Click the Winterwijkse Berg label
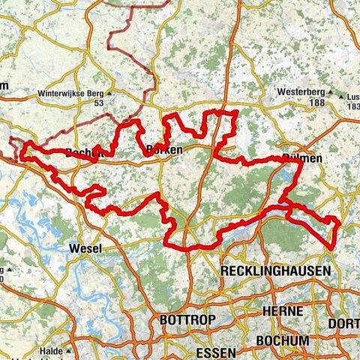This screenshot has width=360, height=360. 70,94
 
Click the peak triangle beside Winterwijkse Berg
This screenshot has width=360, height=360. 109,94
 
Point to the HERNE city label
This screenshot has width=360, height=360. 283,310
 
